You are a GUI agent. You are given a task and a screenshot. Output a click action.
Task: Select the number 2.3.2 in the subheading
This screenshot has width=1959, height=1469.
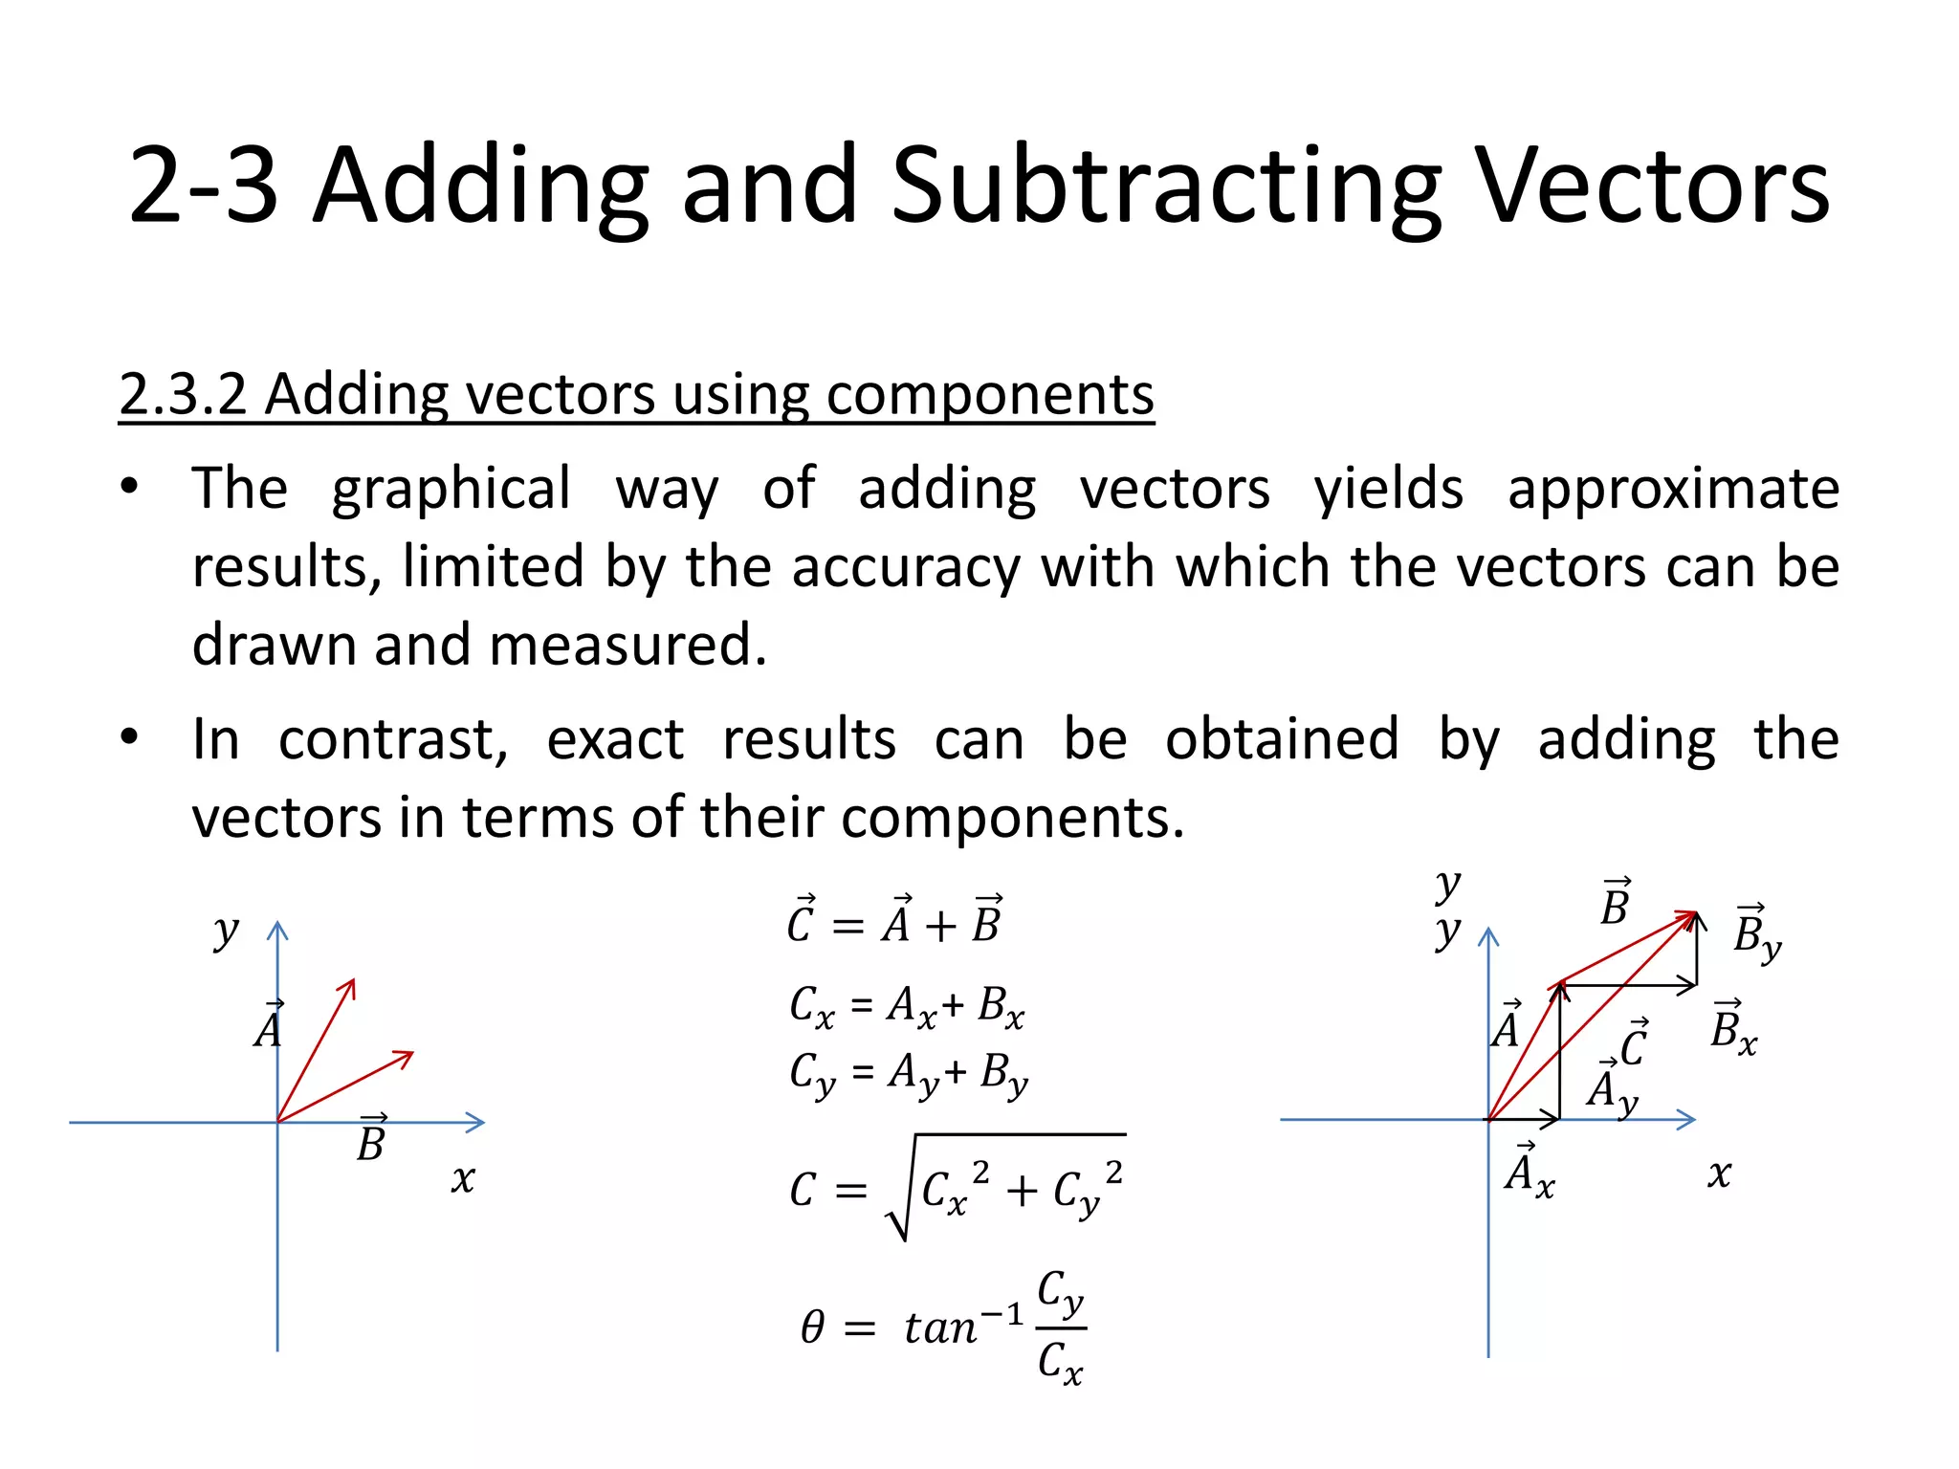coord(183,393)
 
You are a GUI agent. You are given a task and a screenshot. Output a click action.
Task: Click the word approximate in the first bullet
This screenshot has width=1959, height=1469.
coord(1673,489)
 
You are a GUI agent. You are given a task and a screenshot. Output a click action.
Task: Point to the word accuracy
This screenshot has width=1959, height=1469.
coord(906,566)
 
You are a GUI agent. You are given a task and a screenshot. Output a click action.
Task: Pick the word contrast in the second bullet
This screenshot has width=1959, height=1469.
coord(393,739)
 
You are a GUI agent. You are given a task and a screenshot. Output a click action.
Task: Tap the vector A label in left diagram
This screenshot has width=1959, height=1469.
coord(269,1026)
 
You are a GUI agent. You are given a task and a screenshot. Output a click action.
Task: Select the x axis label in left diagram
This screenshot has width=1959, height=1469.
coord(463,1178)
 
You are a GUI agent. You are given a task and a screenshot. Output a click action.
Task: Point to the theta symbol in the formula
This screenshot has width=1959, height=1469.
coord(812,1327)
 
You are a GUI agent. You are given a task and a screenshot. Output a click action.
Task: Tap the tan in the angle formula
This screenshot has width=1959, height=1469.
coord(940,1327)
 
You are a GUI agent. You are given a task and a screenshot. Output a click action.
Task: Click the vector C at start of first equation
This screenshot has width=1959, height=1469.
coord(801,921)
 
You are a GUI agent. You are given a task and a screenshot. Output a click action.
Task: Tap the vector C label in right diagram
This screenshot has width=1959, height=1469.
coord(1634,1043)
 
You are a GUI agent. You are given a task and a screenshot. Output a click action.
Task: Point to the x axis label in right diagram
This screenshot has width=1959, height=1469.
coord(1719,1173)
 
